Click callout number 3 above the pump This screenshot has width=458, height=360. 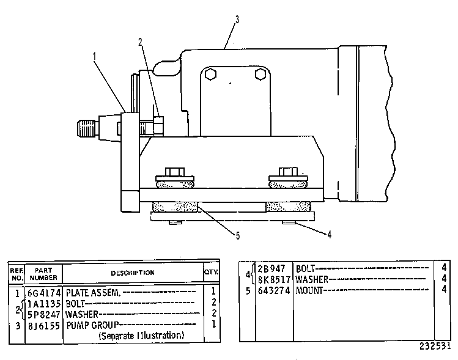click(x=237, y=20)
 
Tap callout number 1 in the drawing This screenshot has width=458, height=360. click(x=94, y=56)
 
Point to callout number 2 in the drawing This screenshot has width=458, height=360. click(x=141, y=42)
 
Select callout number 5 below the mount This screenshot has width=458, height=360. click(x=238, y=236)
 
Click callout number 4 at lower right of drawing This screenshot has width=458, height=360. click(x=329, y=235)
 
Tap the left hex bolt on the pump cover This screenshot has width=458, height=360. click(x=210, y=74)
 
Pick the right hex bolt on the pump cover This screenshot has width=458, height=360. click(x=260, y=74)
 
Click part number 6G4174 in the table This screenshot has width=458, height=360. click(x=44, y=293)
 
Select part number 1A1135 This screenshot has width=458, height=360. click(x=44, y=304)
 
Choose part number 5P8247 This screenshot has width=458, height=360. click(x=44, y=315)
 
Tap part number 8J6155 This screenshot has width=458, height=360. click(x=44, y=326)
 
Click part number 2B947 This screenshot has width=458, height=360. click(x=271, y=268)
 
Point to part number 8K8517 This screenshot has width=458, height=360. click(x=274, y=280)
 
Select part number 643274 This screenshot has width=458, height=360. click(x=274, y=291)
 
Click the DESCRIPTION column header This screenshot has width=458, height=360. click(x=133, y=273)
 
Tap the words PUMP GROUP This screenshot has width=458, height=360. click(x=92, y=325)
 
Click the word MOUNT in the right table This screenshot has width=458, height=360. click(x=309, y=290)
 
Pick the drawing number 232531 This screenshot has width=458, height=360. click(x=435, y=347)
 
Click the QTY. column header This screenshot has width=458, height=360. click(x=211, y=272)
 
